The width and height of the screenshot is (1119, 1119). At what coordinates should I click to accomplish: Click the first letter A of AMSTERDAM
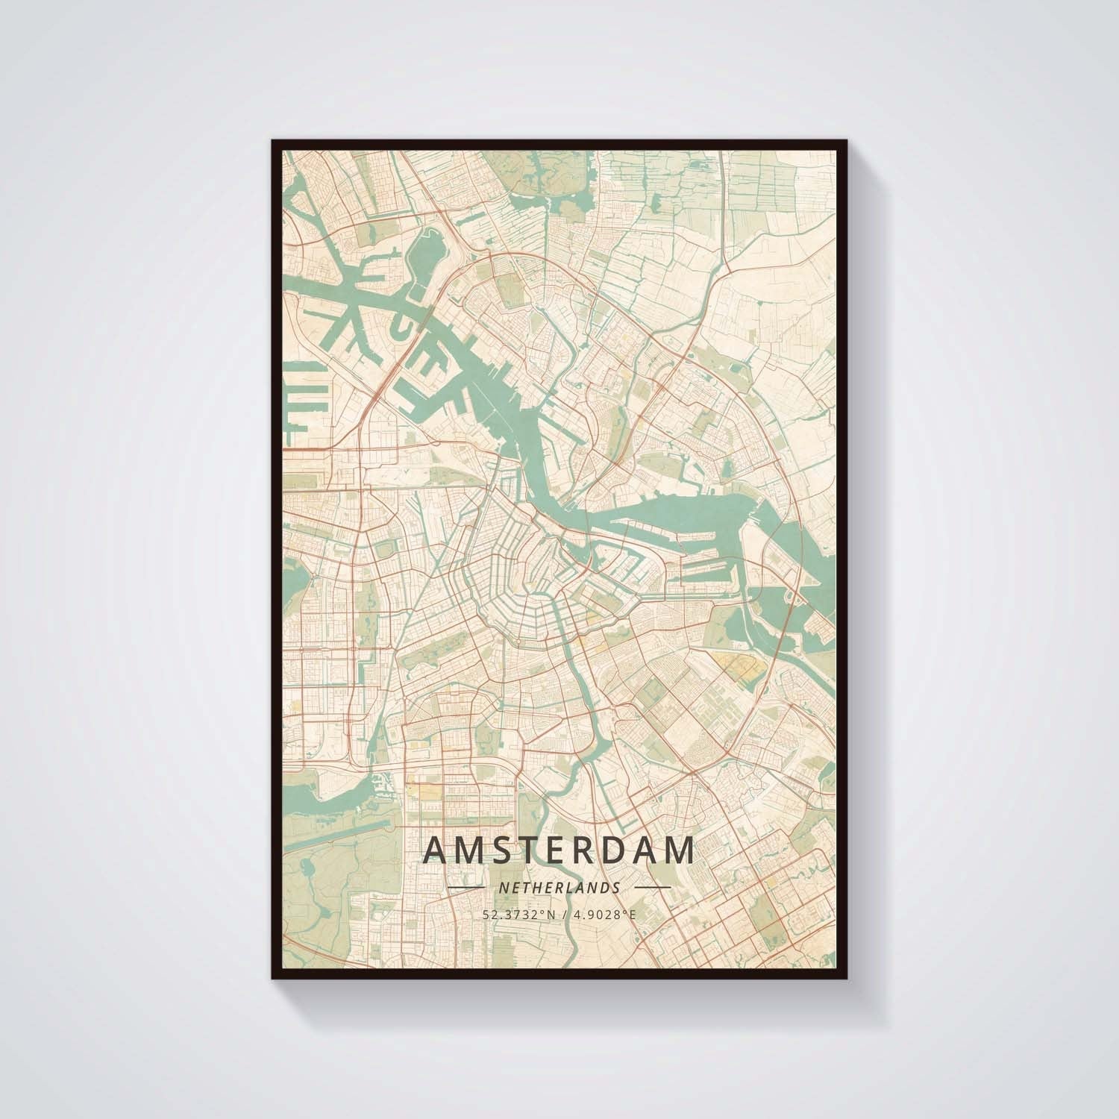click(436, 850)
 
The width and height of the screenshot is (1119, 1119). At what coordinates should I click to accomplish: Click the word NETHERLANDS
click(559, 888)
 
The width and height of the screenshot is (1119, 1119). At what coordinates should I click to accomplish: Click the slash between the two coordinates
click(559, 913)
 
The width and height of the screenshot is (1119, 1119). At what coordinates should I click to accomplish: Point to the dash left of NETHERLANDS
click(466, 888)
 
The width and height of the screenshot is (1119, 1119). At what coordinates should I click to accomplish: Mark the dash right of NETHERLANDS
click(652, 888)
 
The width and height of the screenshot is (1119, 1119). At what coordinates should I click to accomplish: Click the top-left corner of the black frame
click(273, 140)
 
